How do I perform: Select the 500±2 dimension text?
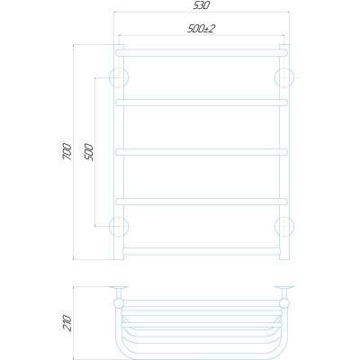(201, 30)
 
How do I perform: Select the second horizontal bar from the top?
(202, 103)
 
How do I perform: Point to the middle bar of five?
(202, 150)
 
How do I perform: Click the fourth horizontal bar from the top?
(202, 198)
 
